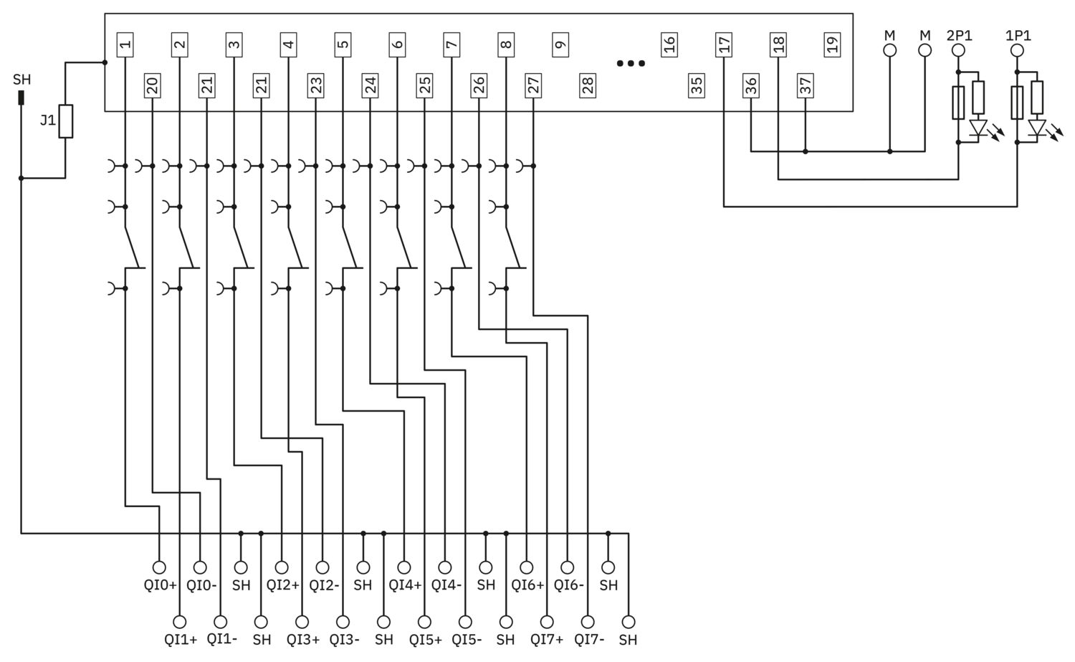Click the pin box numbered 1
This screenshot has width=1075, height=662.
tap(125, 45)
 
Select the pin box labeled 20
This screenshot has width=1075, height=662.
tap(152, 86)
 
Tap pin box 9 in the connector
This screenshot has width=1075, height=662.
tap(560, 45)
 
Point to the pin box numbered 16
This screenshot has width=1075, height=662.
tap(669, 45)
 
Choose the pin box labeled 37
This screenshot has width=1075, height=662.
tap(806, 86)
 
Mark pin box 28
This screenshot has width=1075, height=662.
tap(588, 86)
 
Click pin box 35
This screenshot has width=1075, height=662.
tap(697, 86)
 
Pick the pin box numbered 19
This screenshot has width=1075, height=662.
tap(832, 45)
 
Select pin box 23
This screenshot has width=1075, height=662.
tap(316, 86)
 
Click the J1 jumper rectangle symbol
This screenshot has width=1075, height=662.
tap(66, 121)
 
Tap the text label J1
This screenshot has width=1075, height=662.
tap(48, 120)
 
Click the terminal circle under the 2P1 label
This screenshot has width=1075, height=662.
tap(958, 50)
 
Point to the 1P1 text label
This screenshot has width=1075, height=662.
tap(1018, 36)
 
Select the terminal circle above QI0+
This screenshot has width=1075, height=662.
tap(159, 567)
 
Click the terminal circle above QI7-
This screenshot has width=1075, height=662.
tap(588, 622)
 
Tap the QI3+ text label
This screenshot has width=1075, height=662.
tap(303, 640)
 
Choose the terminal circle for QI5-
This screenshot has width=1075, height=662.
tap(465, 622)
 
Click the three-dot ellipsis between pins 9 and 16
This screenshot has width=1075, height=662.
tap(631, 63)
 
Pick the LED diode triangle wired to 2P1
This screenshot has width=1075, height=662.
tap(978, 128)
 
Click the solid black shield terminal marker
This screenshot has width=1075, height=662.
tap(21, 98)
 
